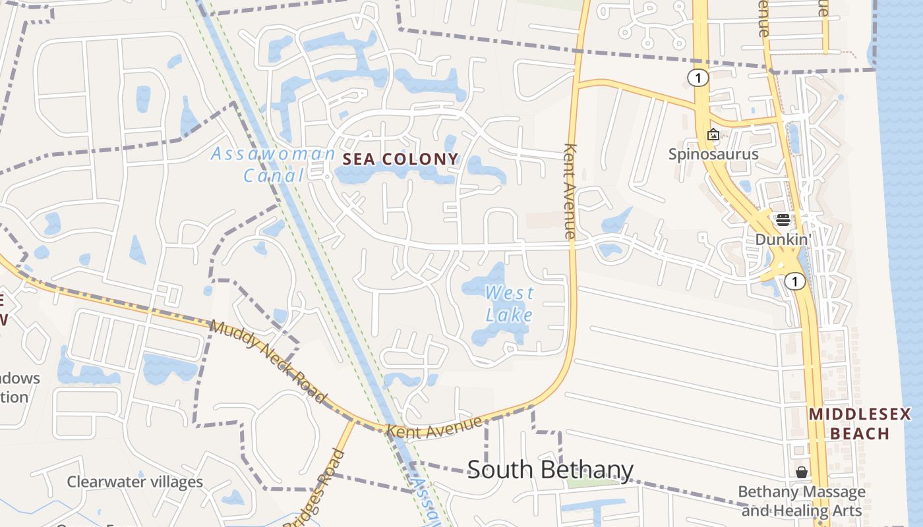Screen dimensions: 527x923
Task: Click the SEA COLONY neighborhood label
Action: point(400,159)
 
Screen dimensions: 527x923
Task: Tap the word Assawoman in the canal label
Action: point(272,155)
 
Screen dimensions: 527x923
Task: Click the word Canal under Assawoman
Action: point(274,175)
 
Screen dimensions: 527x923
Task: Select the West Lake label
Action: point(509,304)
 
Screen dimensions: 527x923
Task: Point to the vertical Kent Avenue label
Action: point(570,191)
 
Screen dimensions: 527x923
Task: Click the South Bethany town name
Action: point(550,470)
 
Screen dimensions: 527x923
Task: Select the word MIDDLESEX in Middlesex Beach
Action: point(860,414)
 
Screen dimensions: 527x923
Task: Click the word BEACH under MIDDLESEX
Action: point(860,433)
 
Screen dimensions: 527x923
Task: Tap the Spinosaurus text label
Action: point(713,154)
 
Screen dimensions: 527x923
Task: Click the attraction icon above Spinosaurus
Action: point(713,135)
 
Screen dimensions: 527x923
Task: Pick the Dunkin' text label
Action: point(782,239)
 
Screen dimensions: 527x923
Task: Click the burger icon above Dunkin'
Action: point(783,220)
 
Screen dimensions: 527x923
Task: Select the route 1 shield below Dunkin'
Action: point(796,282)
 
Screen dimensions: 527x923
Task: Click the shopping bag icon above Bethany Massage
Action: point(801,472)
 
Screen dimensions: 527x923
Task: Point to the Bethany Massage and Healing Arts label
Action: point(801,501)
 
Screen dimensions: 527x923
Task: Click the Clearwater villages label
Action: point(134,482)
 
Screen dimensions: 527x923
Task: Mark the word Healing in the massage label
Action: point(802,511)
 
